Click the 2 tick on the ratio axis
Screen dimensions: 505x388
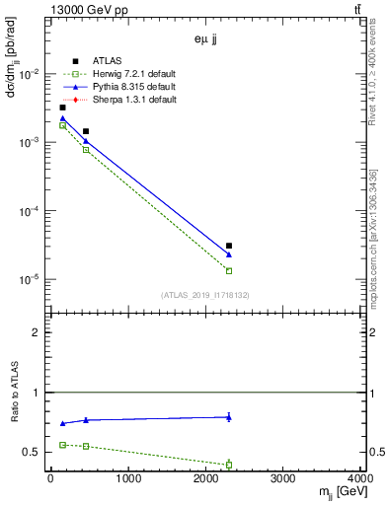pyautogui.click(x=39, y=332)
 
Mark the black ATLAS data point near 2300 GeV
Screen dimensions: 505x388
pyautogui.click(x=229, y=246)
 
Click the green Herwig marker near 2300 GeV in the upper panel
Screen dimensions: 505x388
pyautogui.click(x=229, y=270)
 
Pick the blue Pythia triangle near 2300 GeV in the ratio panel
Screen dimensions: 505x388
pyautogui.click(x=229, y=416)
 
